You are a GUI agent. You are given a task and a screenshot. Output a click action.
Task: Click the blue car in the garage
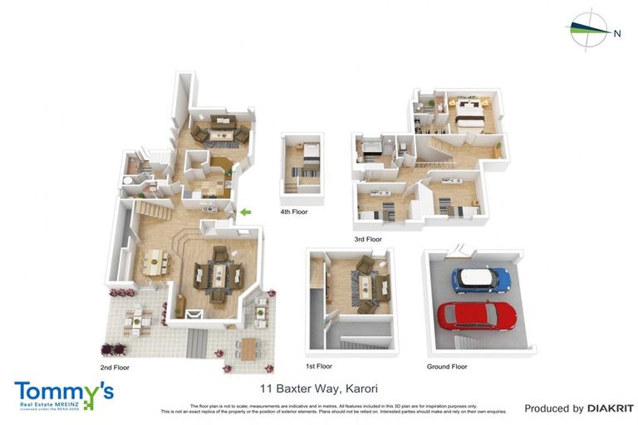click(x=480, y=280)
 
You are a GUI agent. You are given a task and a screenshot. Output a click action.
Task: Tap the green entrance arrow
click(x=245, y=212)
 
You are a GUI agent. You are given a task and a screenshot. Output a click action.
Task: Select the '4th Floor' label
click(x=293, y=212)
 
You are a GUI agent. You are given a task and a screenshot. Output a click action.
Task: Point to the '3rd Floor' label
click(x=367, y=239)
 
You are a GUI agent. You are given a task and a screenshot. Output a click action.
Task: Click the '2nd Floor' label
click(x=115, y=366)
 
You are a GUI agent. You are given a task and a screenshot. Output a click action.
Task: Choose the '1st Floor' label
click(x=318, y=366)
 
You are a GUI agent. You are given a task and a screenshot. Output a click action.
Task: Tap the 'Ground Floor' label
click(x=447, y=366)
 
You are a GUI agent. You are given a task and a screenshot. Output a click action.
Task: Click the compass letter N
click(x=616, y=34)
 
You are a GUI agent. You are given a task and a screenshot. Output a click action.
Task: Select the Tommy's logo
click(x=63, y=394)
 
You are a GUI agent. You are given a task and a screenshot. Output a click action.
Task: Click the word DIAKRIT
click(x=611, y=408)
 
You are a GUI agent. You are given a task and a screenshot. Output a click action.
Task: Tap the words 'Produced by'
click(x=553, y=408)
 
